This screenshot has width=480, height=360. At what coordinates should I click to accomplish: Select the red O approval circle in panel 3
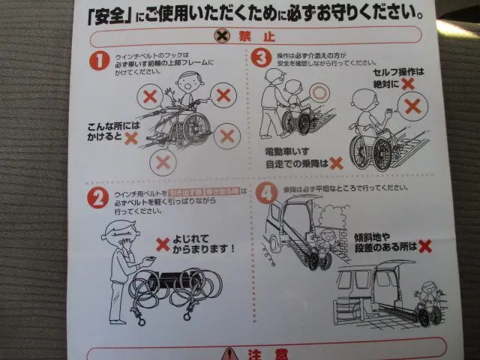point(321,93)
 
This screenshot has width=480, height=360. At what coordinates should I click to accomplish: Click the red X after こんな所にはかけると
point(131,138)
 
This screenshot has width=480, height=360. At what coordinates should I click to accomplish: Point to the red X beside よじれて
point(162,244)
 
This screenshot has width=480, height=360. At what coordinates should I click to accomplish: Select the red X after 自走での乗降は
point(336,162)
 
